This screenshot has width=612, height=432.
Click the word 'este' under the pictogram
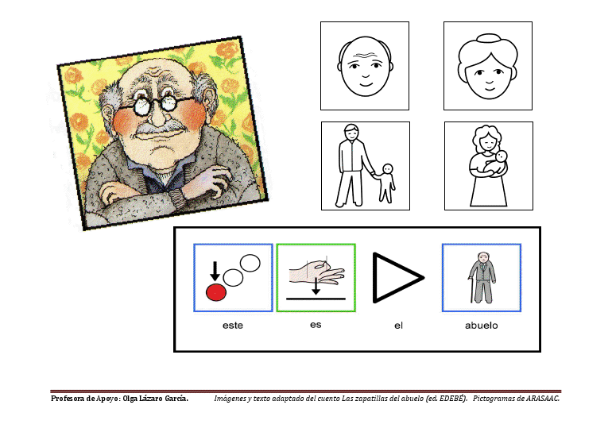pos(233,326)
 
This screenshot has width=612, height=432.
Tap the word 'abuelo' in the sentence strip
pos(481,326)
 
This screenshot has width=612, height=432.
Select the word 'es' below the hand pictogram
pos(316,325)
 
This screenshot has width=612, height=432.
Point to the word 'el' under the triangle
pos(398,326)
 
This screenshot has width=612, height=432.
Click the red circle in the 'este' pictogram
pos(216,292)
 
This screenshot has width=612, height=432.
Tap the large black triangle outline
pos(397,278)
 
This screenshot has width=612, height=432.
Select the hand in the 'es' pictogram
pos(317,271)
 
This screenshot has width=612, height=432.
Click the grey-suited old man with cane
pos(482,277)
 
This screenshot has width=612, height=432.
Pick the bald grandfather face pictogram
pos(365,66)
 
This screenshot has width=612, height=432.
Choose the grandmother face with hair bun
pos(488,66)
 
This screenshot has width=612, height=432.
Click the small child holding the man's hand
pos(386,183)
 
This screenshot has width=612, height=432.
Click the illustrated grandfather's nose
pos(157,115)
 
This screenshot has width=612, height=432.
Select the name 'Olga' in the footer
pos(130,399)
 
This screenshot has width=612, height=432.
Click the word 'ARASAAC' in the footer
pos(542,399)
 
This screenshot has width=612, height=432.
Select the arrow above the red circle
pos(215,272)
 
